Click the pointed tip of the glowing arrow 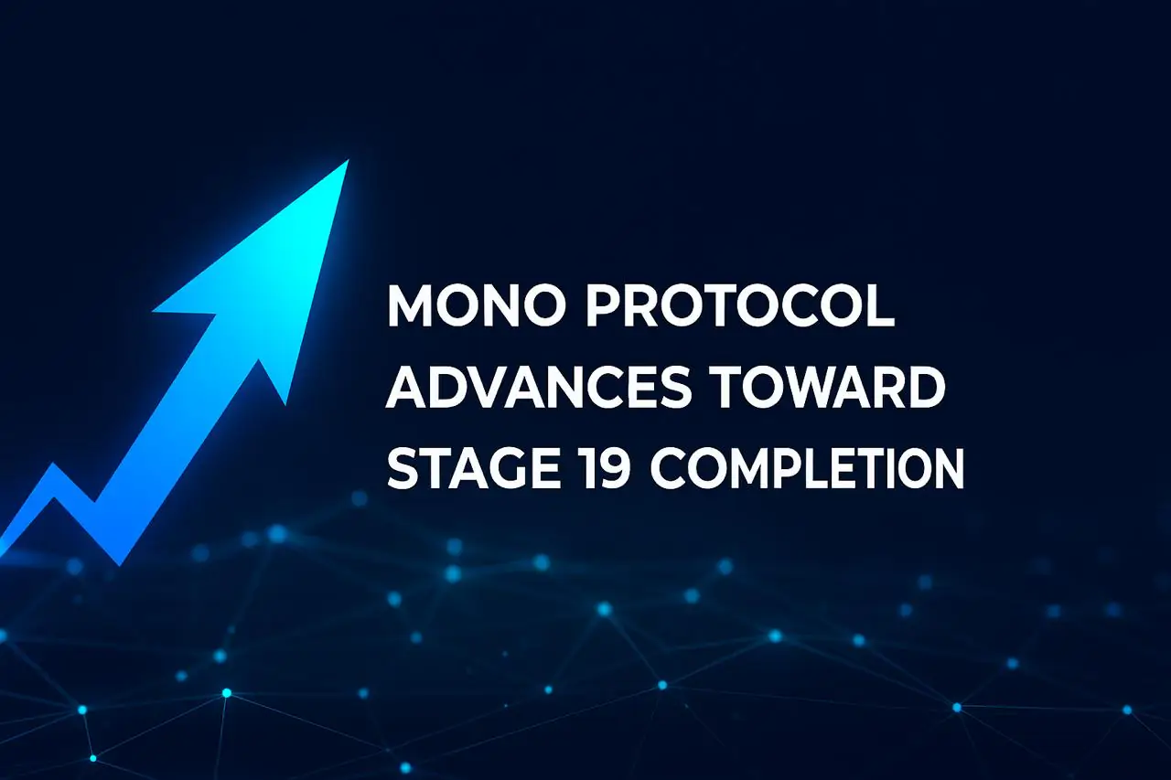click(348, 161)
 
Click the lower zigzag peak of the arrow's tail click(53, 465)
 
